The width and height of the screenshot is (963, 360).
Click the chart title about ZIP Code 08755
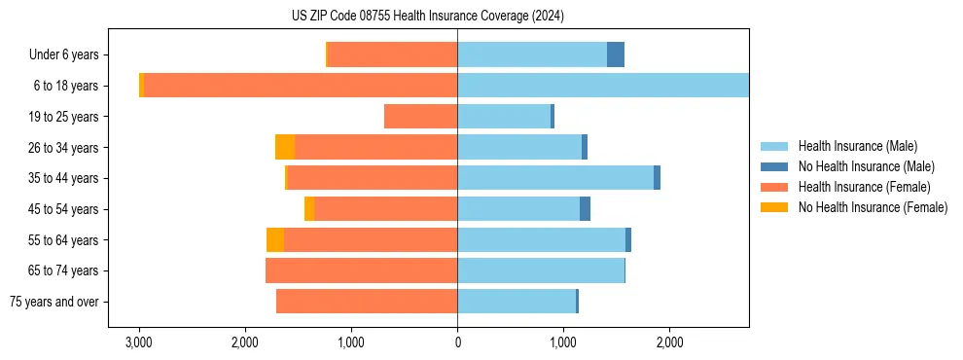(x=427, y=16)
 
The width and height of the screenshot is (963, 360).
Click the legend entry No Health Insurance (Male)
(x=866, y=166)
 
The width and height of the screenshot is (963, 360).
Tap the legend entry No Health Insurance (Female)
(x=873, y=207)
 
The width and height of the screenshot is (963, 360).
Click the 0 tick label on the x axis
(x=457, y=342)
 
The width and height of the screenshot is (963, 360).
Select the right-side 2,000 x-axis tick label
(x=669, y=342)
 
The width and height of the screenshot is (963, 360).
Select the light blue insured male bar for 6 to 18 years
(x=603, y=86)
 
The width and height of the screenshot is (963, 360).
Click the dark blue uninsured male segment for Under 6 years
(x=616, y=55)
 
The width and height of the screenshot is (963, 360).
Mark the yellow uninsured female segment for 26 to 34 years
(x=285, y=147)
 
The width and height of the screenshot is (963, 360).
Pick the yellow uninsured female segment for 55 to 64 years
(x=275, y=239)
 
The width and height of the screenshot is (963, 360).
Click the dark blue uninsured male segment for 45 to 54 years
(x=585, y=209)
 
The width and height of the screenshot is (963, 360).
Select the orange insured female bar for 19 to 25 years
(x=420, y=117)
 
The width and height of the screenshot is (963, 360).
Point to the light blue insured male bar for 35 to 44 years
(x=554, y=178)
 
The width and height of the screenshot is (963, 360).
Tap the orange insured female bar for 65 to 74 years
(x=361, y=270)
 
